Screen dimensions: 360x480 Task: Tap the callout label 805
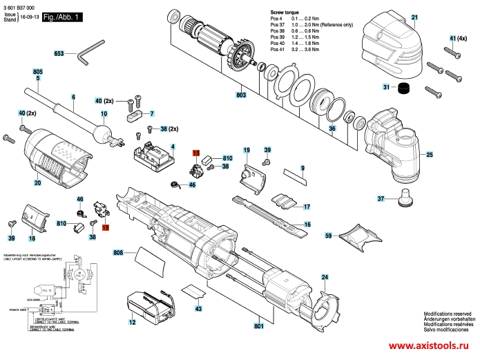point(37,72)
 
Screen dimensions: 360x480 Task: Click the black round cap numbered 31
point(401,87)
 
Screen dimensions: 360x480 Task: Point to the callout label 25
point(429,155)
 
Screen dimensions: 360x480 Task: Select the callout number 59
point(328,235)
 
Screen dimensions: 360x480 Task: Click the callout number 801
point(259,325)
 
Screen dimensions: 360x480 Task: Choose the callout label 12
point(131,322)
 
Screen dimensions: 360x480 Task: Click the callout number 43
point(198,309)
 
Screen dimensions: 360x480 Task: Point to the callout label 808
point(118,254)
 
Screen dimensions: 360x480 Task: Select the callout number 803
point(240,95)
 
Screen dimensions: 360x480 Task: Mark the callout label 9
point(302,169)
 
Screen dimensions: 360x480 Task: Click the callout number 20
point(38,183)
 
